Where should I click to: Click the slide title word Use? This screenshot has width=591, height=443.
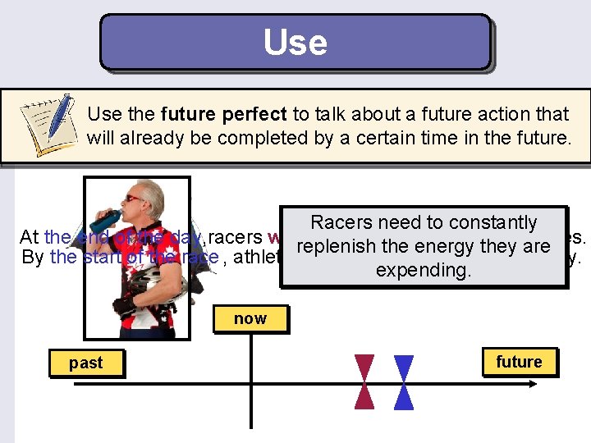pos(295,42)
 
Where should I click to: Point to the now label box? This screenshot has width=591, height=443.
pos(250,318)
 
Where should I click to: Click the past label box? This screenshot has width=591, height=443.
pos(85,363)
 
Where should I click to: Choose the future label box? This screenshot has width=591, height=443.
pos(519,363)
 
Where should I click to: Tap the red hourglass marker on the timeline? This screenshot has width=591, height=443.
pos(364,381)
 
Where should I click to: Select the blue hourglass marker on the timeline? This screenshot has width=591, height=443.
pos(404,381)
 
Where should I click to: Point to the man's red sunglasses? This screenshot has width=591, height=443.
pos(132,198)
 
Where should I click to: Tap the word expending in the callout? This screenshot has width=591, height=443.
pos(424,270)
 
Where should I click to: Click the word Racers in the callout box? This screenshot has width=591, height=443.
pos(341,222)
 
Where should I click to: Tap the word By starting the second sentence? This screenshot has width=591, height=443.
pos(33,258)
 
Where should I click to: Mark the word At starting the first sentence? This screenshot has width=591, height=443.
pos(29,237)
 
